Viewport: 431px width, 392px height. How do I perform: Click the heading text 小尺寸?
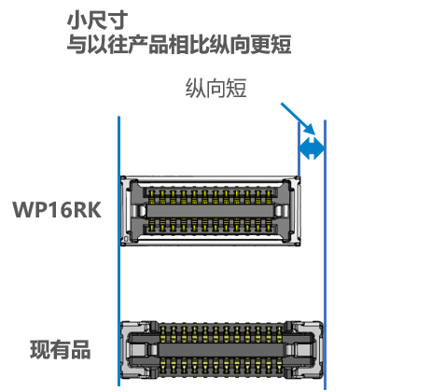coord(97,21)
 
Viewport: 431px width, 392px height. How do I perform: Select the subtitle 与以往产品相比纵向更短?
coord(179,45)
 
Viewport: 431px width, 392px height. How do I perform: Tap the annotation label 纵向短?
coord(216,89)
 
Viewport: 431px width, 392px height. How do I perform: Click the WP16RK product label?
coord(57,210)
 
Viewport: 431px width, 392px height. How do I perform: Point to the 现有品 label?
coord(61,350)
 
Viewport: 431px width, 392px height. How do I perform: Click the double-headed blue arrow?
coord(312,147)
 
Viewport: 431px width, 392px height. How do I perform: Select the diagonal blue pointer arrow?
coord(299,119)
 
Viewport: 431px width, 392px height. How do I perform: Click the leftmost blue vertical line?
coord(118,251)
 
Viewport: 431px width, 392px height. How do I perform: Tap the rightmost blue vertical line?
coord(325,255)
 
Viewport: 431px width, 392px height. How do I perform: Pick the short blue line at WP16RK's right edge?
coord(299,149)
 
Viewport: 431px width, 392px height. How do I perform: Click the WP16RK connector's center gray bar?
coord(210,211)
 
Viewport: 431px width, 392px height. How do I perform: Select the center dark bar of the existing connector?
coord(221,350)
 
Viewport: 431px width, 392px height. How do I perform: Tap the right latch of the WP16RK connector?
coord(282,211)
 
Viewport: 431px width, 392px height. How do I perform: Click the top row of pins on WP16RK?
coord(210,196)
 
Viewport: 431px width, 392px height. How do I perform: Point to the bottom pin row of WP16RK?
coord(210,225)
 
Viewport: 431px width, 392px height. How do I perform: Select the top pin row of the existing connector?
coord(221,333)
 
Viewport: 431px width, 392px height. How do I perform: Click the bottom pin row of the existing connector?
coord(221,366)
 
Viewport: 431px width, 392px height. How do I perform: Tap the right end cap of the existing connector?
coord(304,350)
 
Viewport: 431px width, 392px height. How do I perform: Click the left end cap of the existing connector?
coord(139,350)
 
